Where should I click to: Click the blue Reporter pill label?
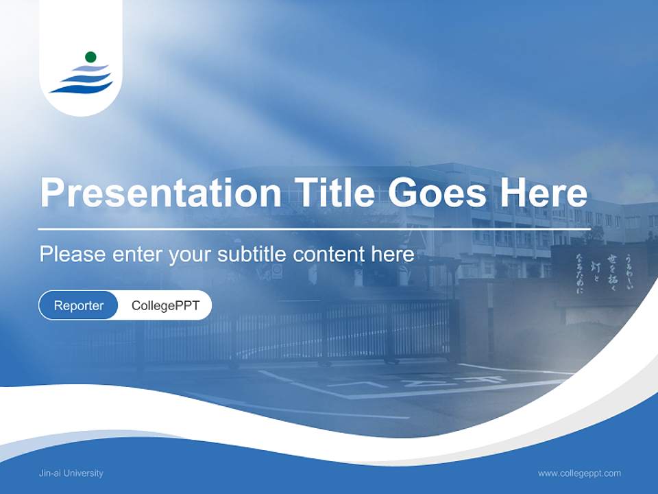(x=79, y=305)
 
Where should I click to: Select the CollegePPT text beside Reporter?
(x=165, y=305)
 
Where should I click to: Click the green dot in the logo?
(x=90, y=57)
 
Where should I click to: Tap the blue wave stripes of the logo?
(x=82, y=80)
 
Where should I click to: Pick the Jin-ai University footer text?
(x=71, y=473)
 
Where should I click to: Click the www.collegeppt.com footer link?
(x=579, y=473)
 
